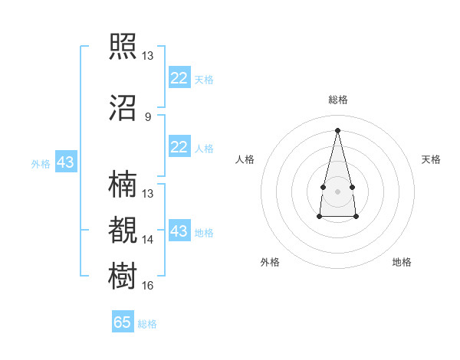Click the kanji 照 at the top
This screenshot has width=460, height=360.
tap(123, 46)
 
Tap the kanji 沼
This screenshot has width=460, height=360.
tap(123, 108)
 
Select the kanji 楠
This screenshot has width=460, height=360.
tap(123, 184)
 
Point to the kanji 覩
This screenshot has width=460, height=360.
tap(123, 230)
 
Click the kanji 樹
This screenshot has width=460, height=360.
tap(123, 276)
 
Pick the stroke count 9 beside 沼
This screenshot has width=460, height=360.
tap(148, 117)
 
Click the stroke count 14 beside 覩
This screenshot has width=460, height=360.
tap(147, 240)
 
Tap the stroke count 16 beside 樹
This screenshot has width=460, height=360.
tap(147, 285)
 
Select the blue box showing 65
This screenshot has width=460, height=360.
tap(123, 321)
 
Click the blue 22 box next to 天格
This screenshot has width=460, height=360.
tap(179, 77)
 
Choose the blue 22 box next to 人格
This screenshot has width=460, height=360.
tap(179, 146)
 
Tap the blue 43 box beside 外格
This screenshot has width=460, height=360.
tap(66, 162)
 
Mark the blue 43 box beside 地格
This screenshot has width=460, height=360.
tap(179, 230)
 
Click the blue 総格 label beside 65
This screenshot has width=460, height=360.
tap(147, 324)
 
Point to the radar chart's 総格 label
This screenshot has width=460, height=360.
tap(338, 100)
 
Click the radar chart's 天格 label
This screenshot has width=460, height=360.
tap(431, 159)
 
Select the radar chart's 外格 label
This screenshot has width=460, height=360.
tap(270, 262)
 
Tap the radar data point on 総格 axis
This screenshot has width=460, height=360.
tap(337, 130)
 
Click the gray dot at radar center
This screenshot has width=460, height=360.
tap(337, 191)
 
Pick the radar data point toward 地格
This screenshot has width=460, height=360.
tap(356, 216)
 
